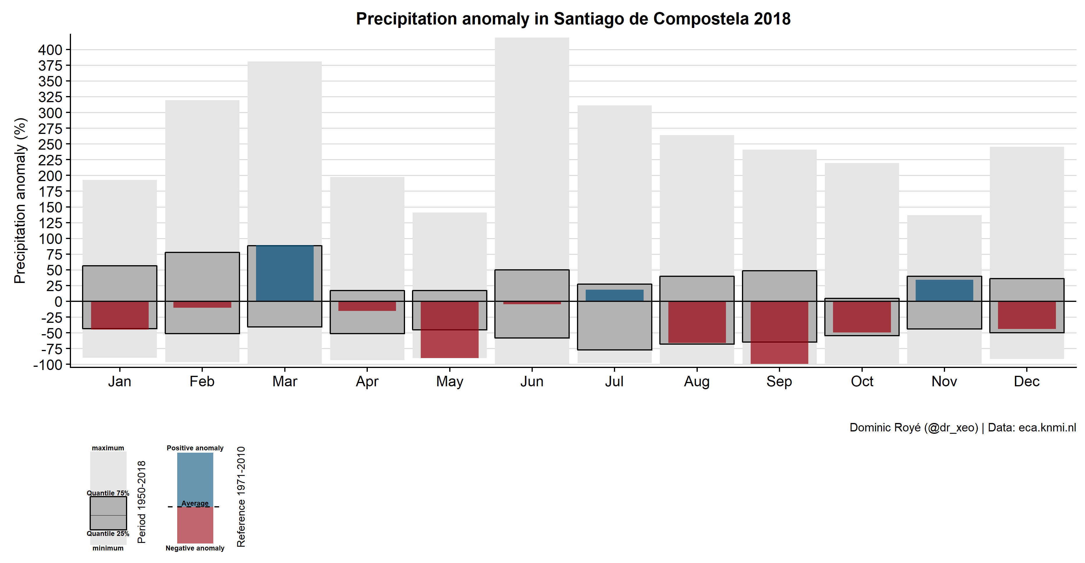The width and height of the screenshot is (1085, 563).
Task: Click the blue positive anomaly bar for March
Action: [x=285, y=273]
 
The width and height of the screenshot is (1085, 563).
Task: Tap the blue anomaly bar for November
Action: [x=944, y=290]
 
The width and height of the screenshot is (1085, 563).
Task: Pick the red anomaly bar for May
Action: [x=450, y=329]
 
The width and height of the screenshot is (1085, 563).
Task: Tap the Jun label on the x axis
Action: [x=532, y=381]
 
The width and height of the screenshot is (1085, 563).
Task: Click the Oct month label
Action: [x=862, y=381]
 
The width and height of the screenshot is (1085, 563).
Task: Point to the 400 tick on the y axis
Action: [x=50, y=50]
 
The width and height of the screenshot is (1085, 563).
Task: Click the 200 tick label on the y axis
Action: [x=50, y=176]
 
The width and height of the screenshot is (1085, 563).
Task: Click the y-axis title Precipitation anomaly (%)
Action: [x=20, y=201]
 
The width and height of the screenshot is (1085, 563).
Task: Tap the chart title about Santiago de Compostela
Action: [x=573, y=19]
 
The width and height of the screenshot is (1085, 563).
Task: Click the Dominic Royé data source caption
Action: [x=963, y=427]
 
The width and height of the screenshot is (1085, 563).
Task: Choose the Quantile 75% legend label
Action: [x=108, y=493]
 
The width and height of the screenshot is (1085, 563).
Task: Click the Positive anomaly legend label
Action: [x=195, y=448]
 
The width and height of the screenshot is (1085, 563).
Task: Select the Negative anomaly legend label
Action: [x=195, y=548]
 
